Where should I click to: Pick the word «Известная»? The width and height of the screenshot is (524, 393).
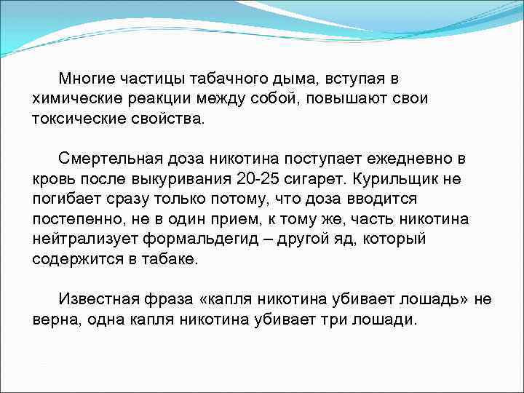click(x=98, y=300)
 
